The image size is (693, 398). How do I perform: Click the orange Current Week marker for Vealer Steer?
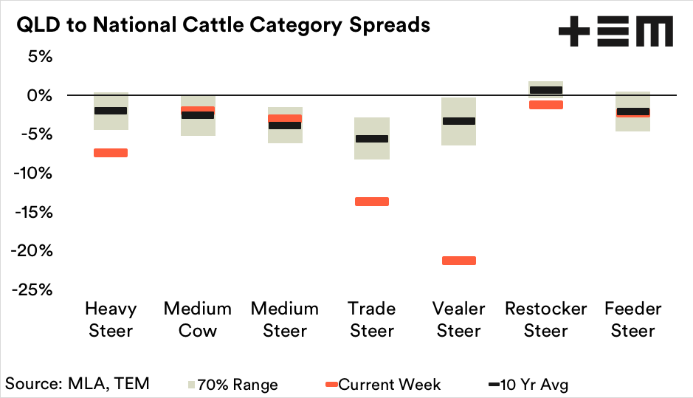pos(458,260)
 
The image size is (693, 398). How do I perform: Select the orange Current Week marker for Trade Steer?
pos(371,202)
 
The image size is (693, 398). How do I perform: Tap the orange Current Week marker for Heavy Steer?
pos(110,153)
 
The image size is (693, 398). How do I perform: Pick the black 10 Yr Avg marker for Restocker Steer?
pos(545,90)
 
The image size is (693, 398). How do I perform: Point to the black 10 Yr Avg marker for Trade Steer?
pos(371,139)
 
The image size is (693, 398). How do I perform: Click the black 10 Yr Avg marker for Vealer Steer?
pos(458,121)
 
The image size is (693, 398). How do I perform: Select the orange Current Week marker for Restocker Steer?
pos(545,105)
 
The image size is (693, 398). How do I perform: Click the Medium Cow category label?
pos(197,319)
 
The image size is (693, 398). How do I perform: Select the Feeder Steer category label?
pos(632,319)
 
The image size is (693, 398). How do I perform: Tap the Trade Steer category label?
pos(371,319)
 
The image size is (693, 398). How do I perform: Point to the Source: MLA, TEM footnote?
pos(77,383)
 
